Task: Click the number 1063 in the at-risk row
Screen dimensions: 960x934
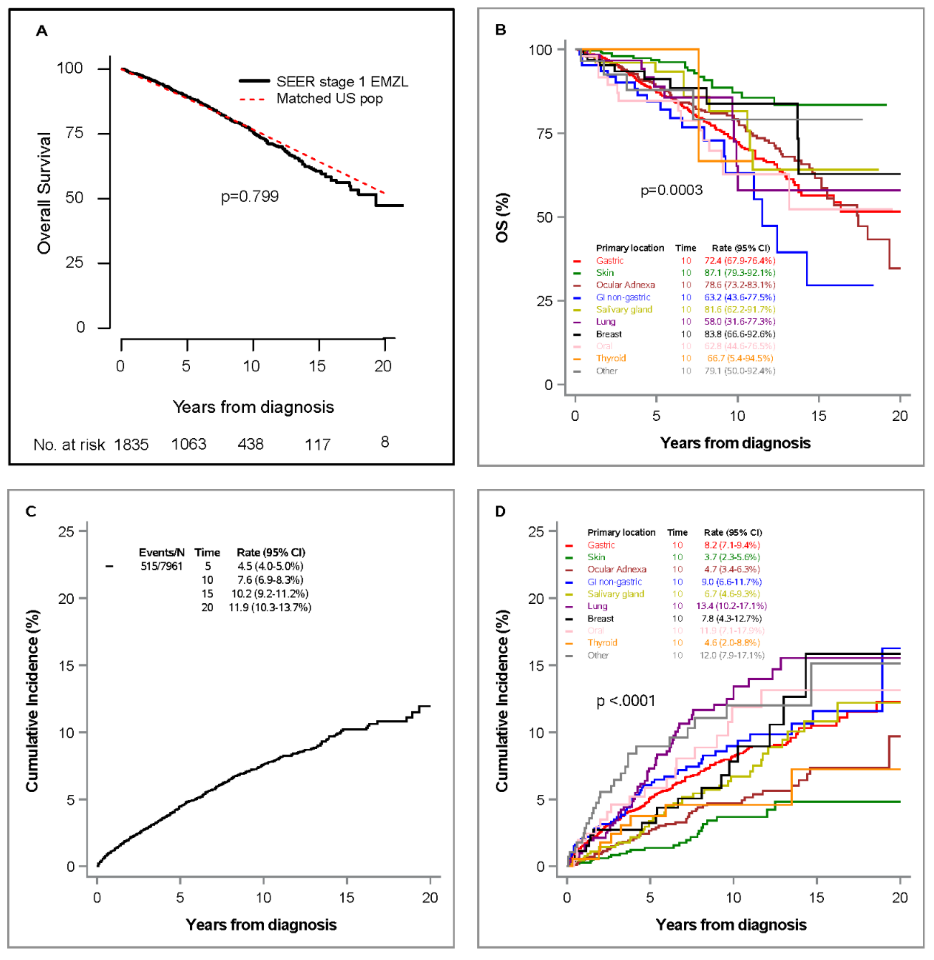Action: click(x=189, y=444)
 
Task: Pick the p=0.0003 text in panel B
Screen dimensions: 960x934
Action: click(x=672, y=190)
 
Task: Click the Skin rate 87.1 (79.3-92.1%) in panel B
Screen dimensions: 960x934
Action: click(x=740, y=273)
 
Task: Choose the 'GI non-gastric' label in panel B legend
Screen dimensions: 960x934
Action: click(x=623, y=297)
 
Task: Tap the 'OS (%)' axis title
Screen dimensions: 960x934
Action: click(x=502, y=217)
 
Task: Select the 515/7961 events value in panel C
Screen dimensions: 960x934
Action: click(x=161, y=566)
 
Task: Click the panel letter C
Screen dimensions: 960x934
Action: click(x=31, y=511)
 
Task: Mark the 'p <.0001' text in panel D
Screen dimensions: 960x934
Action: click(x=626, y=701)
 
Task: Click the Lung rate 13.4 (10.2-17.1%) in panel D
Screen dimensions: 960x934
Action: click(x=731, y=606)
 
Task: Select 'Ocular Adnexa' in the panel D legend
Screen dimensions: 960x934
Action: click(x=617, y=569)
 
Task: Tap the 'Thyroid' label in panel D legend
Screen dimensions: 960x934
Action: click(x=602, y=643)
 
